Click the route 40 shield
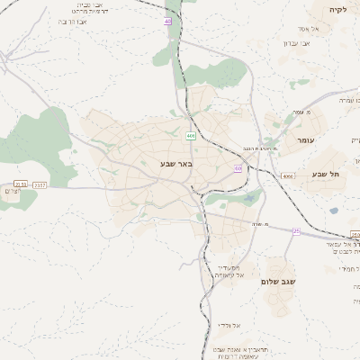(168, 21)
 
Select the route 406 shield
(191, 135)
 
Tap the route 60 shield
(238, 167)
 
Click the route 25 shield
(296, 231)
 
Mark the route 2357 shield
(39, 184)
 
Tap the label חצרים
(11, 193)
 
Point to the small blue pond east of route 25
(334, 211)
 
